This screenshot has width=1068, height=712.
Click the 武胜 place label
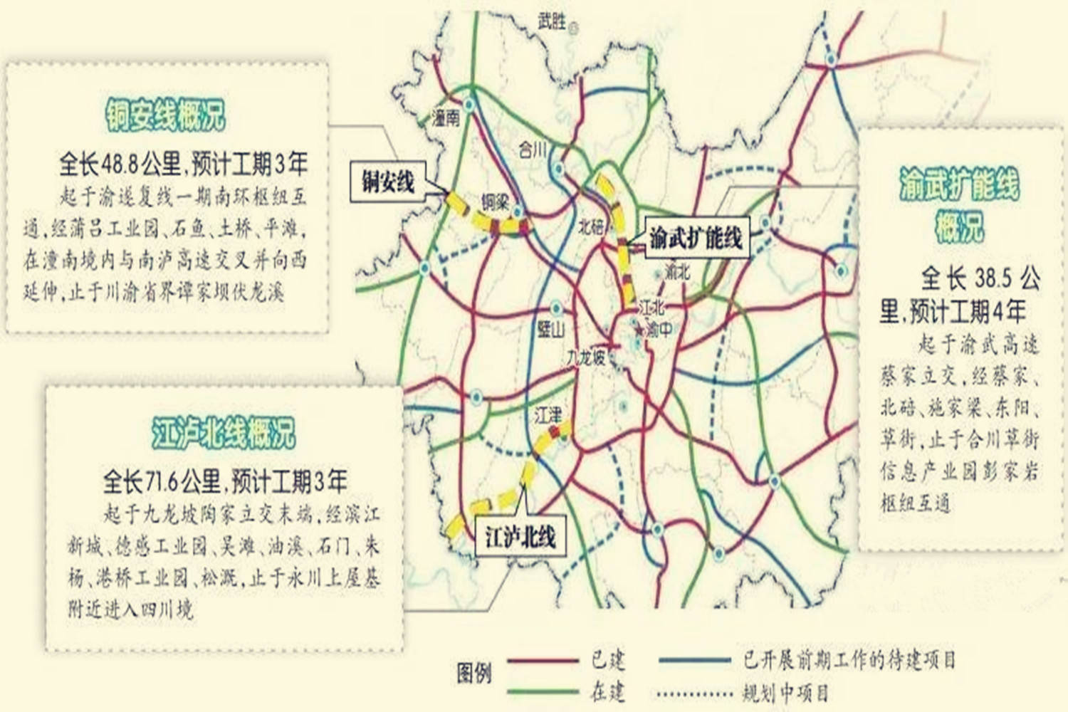pos(552,21)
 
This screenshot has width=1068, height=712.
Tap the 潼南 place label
pos(446,117)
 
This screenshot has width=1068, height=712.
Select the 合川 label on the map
pos(533,150)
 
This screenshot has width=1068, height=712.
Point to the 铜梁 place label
pos(495,201)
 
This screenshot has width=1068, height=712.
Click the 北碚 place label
pos(591,227)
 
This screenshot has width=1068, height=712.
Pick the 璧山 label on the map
pos(551,329)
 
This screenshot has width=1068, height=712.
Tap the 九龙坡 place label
pos(586,357)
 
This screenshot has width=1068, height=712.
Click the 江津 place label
pos(548,415)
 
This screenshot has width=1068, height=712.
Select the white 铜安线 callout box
pos(388,182)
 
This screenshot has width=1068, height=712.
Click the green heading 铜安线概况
pos(165,114)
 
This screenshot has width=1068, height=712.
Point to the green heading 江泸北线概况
pos(224,432)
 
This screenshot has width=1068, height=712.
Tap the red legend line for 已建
pos(543,661)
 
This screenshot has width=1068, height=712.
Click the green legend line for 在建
pos(543,691)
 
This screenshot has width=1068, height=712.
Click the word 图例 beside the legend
pos(474,672)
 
